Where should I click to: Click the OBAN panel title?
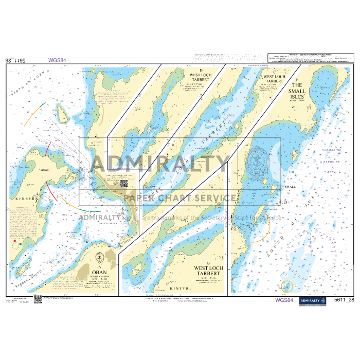point(97,272)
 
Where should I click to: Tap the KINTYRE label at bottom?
point(176,289)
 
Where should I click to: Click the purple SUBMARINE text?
point(332,150)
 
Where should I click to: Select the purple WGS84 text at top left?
point(57,60)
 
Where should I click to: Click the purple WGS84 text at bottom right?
point(285,300)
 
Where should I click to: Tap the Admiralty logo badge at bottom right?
point(313,300)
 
